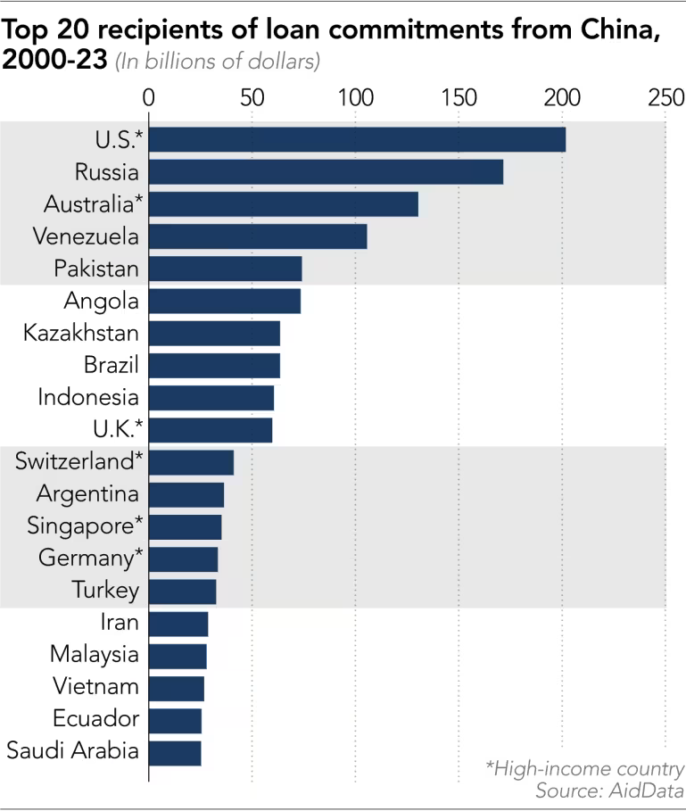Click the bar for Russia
[x=326, y=171]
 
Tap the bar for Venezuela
[x=258, y=236]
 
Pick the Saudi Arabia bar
[x=175, y=752]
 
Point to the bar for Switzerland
[x=191, y=462]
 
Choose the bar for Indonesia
[x=211, y=397]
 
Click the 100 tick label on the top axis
[x=355, y=96]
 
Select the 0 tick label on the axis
[x=149, y=96]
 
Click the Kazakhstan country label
[x=81, y=333]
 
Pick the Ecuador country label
[x=95, y=719]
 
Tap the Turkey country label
[x=105, y=591]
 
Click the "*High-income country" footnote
[x=584, y=769]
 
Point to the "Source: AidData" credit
[x=609, y=790]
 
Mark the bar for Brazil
[x=214, y=365]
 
